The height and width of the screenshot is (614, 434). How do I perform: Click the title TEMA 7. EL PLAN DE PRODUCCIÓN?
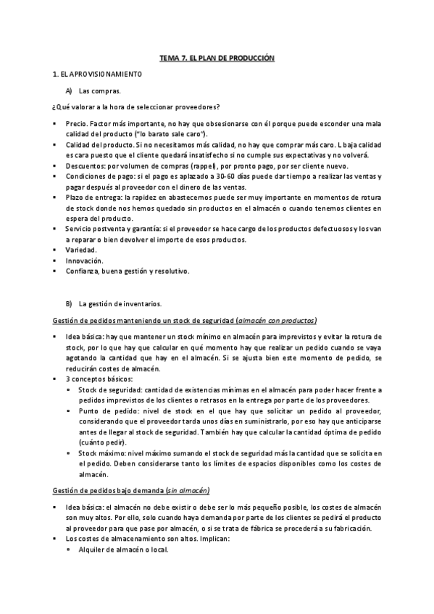click(x=217, y=56)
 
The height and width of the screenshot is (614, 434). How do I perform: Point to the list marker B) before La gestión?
click(x=70, y=303)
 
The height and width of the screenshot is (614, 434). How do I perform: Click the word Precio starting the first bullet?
click(x=75, y=124)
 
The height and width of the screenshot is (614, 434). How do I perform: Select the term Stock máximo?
click(x=101, y=453)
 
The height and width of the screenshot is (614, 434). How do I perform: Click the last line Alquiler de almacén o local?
click(x=122, y=550)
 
